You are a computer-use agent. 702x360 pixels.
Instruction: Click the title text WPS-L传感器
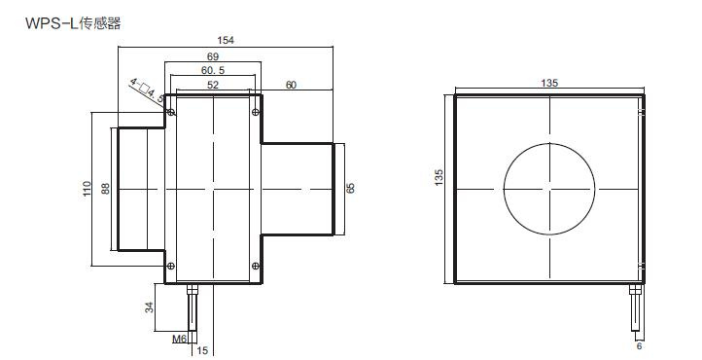[73, 22]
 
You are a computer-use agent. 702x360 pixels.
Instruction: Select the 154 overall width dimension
[226, 40]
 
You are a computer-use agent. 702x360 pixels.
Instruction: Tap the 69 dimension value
[213, 56]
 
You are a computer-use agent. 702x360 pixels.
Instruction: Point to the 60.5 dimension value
[213, 70]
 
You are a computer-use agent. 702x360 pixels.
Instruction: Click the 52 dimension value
[213, 85]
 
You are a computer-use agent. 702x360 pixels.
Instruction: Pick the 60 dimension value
[291, 85]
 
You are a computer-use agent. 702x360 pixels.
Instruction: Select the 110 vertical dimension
[87, 188]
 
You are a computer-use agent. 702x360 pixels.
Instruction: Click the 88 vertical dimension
[105, 188]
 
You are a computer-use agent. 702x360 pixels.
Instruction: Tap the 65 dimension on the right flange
[351, 188]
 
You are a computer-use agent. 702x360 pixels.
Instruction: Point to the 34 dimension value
[149, 307]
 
